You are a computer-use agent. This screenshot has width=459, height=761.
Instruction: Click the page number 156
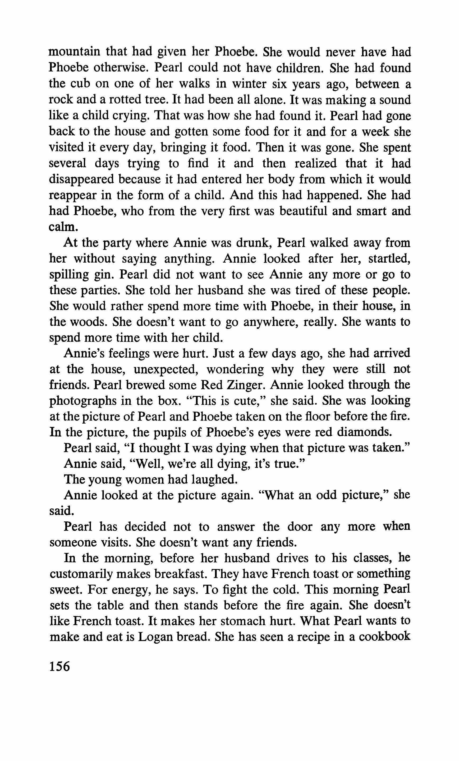point(60,666)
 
